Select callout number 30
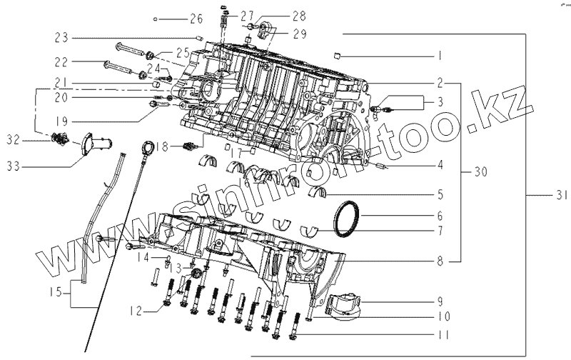click(x=482, y=172)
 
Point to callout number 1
click(x=440, y=55)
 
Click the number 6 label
click(x=440, y=215)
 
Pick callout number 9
click(x=440, y=300)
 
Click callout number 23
click(x=62, y=37)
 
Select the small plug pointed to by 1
click(x=339, y=54)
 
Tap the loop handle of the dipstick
click(x=148, y=148)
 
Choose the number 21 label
click(x=62, y=81)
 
